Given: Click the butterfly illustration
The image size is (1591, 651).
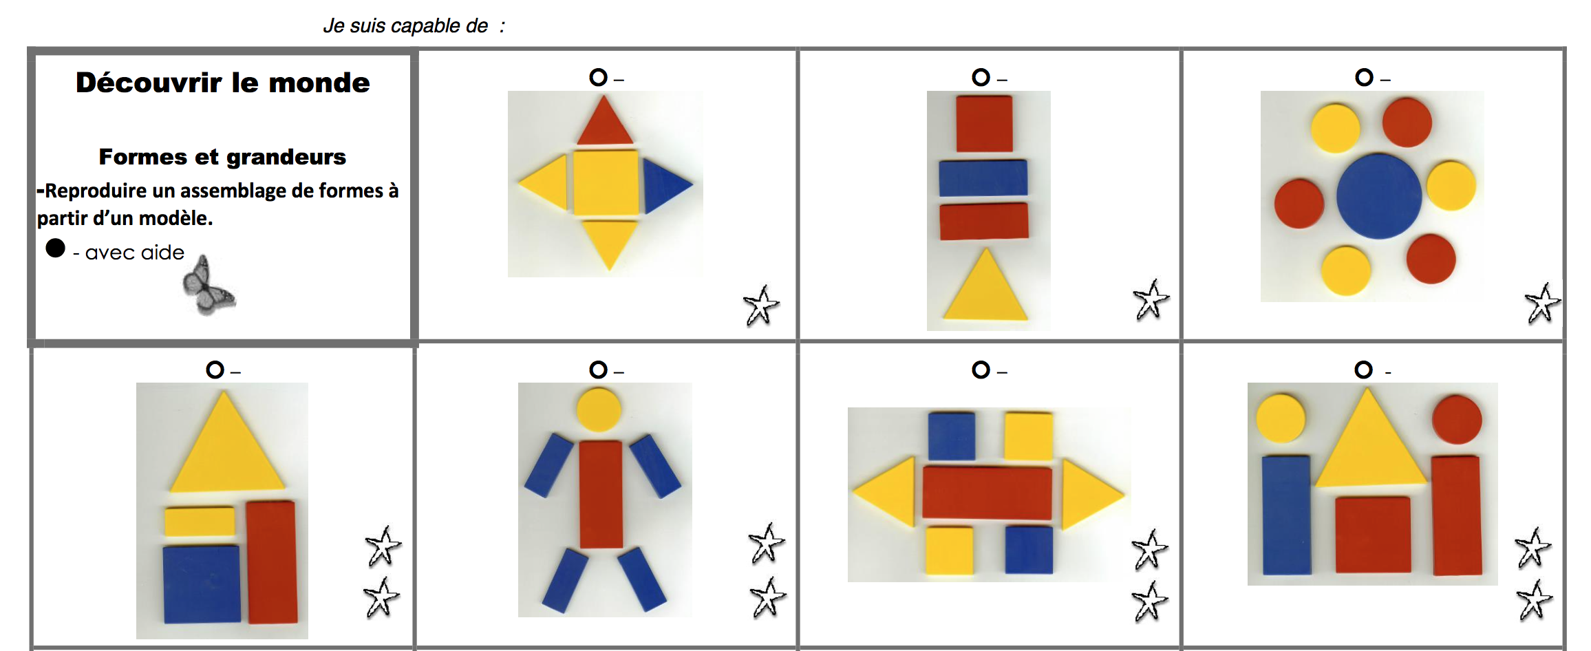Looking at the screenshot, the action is (x=208, y=285).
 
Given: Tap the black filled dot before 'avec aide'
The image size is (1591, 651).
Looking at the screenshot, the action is (x=56, y=248).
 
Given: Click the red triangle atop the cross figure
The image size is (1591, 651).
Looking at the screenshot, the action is (x=605, y=122).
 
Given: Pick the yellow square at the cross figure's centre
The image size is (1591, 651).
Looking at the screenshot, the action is (x=606, y=183).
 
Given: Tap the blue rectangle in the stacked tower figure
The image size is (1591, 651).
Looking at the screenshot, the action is (x=983, y=178).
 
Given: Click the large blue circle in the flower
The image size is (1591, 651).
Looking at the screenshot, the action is (x=1379, y=196).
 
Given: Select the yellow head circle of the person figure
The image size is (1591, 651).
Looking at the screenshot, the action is (x=599, y=409).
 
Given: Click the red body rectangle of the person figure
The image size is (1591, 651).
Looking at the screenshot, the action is (x=601, y=494).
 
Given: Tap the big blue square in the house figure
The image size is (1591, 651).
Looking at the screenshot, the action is (x=202, y=584).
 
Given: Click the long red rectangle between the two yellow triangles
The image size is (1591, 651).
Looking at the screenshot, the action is (x=987, y=493).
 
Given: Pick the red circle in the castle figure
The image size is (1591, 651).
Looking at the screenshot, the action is (x=1457, y=419).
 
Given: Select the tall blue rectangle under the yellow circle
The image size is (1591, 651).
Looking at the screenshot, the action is (x=1286, y=515).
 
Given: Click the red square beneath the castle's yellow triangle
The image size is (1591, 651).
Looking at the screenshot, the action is (x=1373, y=535).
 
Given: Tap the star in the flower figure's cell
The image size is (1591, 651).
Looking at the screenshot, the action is (x=1542, y=303).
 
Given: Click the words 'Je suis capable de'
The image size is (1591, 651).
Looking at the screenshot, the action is (x=405, y=26).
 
